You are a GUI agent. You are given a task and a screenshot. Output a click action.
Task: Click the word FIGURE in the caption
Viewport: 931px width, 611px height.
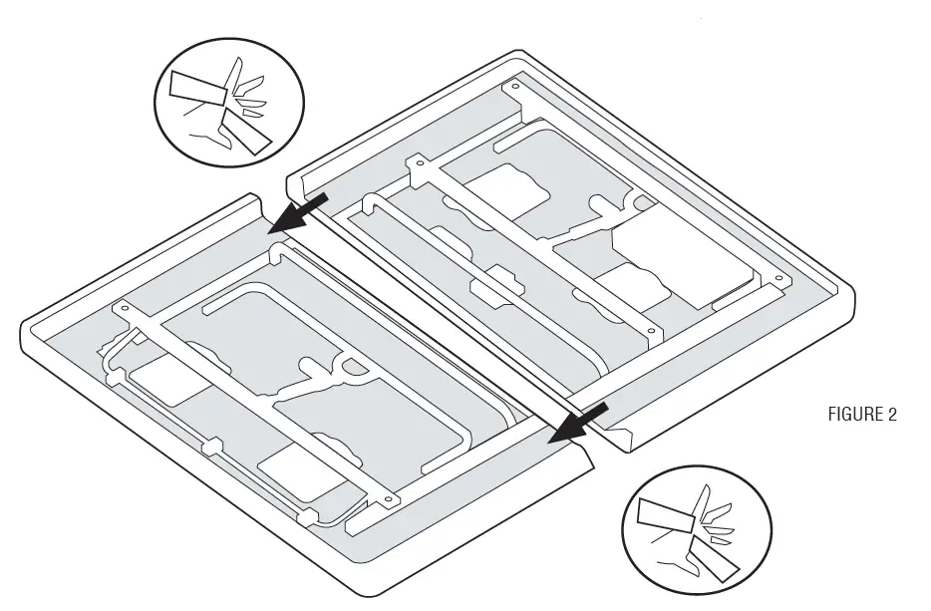pos(852,415)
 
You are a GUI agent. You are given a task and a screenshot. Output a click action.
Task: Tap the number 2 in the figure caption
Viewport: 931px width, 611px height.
pos(891,415)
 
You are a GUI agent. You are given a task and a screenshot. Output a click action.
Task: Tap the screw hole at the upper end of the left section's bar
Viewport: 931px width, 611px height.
pos(125,310)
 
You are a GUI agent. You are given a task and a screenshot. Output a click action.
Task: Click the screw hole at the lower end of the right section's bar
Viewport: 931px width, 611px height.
pos(650,330)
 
